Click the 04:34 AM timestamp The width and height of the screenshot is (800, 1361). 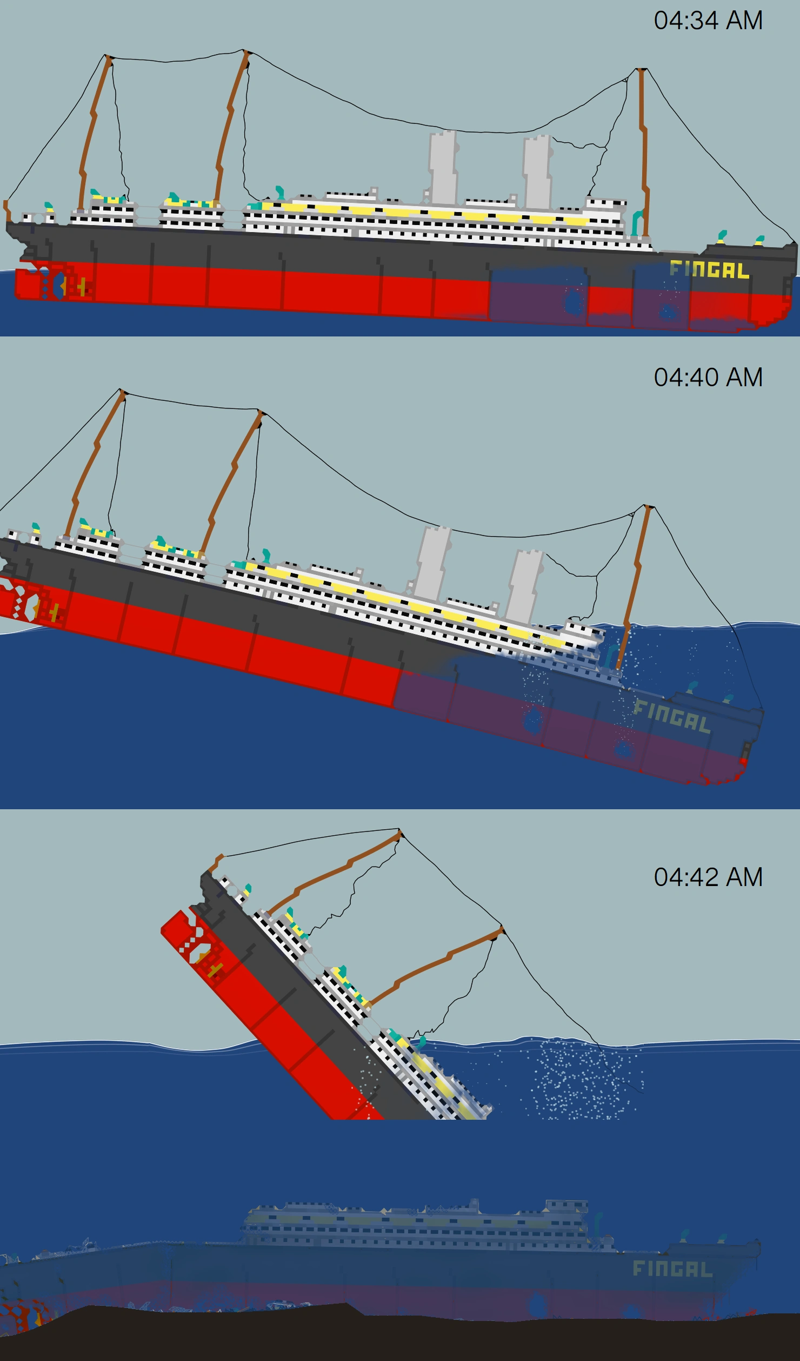click(708, 21)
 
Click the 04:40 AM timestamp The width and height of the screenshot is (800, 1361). click(708, 378)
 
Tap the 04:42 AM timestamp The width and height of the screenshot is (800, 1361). click(708, 877)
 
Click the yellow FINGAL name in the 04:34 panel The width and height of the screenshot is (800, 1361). click(709, 269)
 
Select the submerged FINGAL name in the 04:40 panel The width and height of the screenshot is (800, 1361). click(671, 716)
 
